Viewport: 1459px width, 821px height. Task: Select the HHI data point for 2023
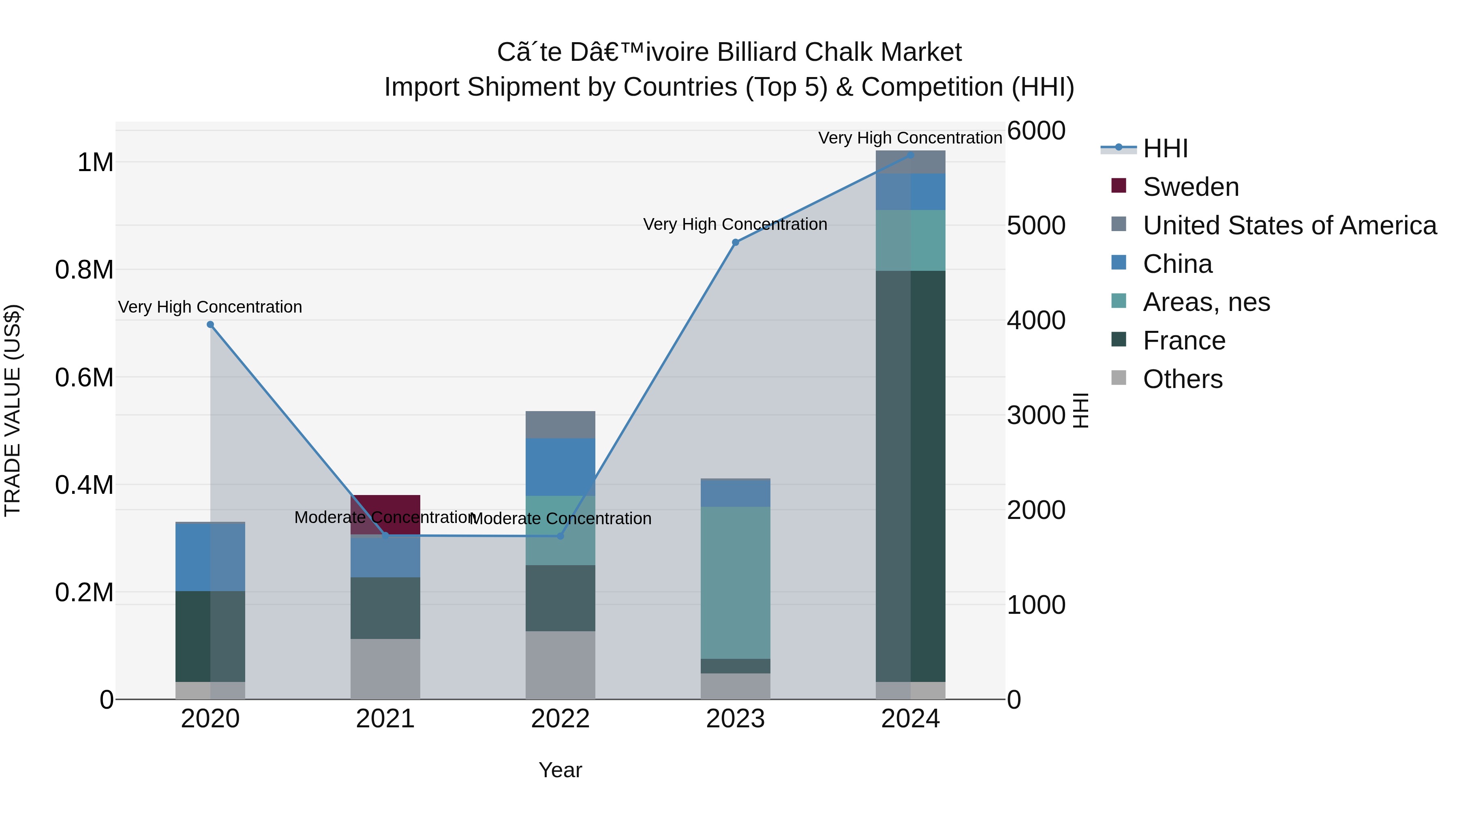(x=735, y=242)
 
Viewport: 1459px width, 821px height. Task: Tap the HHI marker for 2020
(x=210, y=325)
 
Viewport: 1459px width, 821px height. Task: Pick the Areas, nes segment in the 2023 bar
(x=735, y=583)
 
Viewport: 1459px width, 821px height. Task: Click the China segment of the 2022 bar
(x=560, y=467)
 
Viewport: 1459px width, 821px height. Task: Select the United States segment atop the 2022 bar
(x=560, y=424)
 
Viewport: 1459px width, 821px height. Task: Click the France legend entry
(x=1184, y=341)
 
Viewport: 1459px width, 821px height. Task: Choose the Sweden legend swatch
(x=1119, y=186)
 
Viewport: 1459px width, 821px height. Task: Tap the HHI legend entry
(x=1165, y=148)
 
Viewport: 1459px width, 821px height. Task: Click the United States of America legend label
(x=1290, y=225)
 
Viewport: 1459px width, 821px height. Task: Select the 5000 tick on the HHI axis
(x=1036, y=225)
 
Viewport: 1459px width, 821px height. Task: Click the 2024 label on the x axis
(x=910, y=719)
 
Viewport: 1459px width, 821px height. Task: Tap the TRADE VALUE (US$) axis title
(x=13, y=410)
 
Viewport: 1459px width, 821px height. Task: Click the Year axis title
(x=560, y=770)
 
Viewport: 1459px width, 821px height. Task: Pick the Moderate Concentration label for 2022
(x=560, y=519)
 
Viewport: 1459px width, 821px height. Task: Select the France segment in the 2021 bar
(x=385, y=608)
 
